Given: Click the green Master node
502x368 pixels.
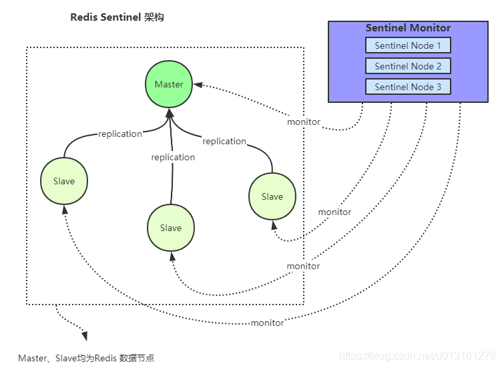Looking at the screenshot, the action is pyautogui.click(x=169, y=84).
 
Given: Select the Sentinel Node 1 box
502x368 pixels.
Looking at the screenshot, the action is pyautogui.click(x=408, y=45).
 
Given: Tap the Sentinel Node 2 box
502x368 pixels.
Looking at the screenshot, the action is pyautogui.click(x=408, y=66).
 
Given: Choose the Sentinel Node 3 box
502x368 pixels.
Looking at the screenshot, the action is pyautogui.click(x=408, y=86).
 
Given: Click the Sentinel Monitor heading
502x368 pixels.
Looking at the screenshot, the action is pyautogui.click(x=408, y=28).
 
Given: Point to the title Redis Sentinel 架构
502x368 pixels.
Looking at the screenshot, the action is pyautogui.click(x=117, y=17).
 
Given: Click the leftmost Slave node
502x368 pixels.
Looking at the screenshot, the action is pyautogui.click(x=64, y=181).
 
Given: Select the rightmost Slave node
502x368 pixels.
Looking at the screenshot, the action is pyautogui.click(x=272, y=196).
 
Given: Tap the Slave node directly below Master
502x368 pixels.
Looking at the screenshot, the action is pyautogui.click(x=171, y=228).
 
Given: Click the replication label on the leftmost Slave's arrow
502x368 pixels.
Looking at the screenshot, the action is pyautogui.click(x=120, y=134).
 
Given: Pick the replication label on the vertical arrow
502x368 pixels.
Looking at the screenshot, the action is pyautogui.click(x=173, y=157).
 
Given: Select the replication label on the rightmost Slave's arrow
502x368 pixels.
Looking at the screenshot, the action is pyautogui.click(x=224, y=141).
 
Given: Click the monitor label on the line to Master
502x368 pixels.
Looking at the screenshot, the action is pyautogui.click(x=304, y=122).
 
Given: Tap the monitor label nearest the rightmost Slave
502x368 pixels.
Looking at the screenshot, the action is pyautogui.click(x=334, y=212).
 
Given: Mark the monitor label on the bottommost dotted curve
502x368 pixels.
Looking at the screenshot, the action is pyautogui.click(x=267, y=323).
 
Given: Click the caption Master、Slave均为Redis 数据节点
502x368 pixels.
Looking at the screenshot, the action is pyautogui.click(x=86, y=358).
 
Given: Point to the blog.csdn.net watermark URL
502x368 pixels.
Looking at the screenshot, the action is pyautogui.click(x=417, y=356).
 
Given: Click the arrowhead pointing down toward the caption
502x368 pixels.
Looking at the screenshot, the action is pyautogui.click(x=85, y=336).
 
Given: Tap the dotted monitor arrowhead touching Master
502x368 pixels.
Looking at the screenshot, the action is pyautogui.click(x=198, y=85).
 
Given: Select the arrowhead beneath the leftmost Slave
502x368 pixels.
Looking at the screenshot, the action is pyautogui.click(x=65, y=210).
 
